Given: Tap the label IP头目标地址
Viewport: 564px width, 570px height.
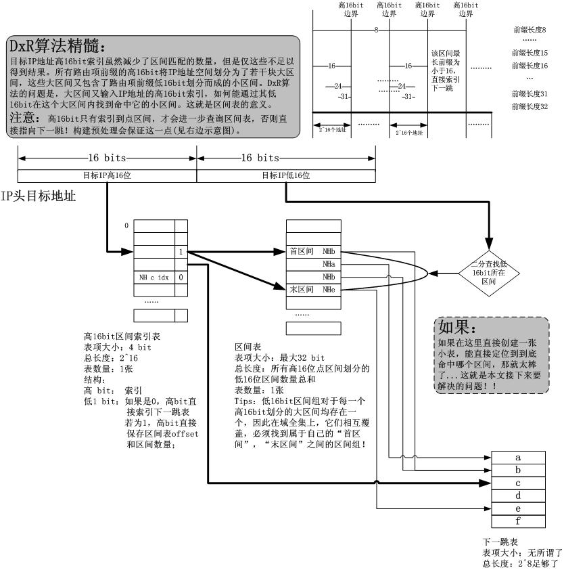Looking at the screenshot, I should (38, 198).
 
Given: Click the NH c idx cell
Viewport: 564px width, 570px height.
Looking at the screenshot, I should (154, 277).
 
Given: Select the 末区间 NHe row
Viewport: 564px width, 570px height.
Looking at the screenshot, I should (312, 289).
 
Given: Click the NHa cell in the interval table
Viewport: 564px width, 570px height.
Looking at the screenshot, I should (329, 264).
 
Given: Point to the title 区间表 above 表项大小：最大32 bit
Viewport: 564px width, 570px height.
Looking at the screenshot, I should (243, 345).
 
